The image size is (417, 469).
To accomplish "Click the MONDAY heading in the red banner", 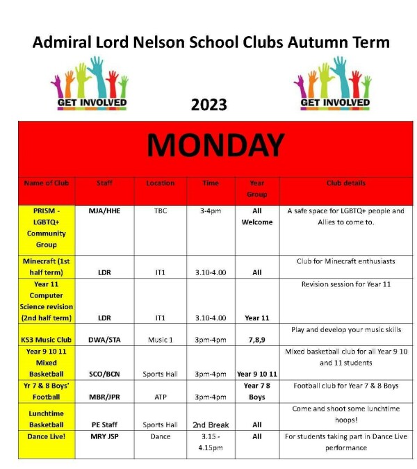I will [x=215, y=145].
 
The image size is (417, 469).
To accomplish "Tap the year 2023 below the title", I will [x=208, y=104].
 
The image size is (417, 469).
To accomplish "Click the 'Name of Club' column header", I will [x=47, y=183].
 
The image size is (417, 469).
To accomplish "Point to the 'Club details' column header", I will [x=345, y=183].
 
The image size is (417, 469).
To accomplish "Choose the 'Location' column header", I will [x=160, y=183].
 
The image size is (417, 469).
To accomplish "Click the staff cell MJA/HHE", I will [x=105, y=211].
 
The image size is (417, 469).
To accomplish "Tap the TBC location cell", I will [x=161, y=211].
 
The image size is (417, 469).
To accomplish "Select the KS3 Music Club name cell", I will [x=47, y=340].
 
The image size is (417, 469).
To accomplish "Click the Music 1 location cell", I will [x=161, y=340].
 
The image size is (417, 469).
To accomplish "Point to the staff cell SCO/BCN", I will [x=105, y=374].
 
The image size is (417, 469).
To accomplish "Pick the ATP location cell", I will [x=161, y=397].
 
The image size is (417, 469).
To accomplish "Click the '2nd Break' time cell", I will [x=210, y=425].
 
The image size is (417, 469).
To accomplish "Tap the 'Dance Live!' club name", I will [x=47, y=436].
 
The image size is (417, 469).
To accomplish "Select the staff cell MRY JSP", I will [x=105, y=436].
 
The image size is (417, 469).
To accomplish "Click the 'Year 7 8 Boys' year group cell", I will [x=256, y=391].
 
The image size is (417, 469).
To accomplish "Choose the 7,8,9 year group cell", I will [x=256, y=340].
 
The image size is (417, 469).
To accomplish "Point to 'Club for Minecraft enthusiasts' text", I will [x=345, y=261].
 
